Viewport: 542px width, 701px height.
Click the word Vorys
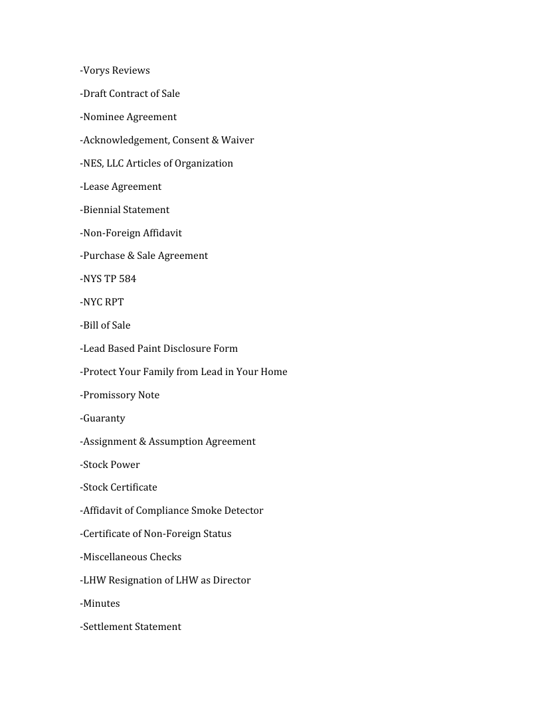[x=96, y=70]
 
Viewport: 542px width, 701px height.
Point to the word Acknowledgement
[x=124, y=140]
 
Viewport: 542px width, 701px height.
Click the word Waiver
[x=238, y=140]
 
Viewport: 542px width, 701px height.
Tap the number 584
[x=128, y=279]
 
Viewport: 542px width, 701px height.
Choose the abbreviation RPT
[x=114, y=302]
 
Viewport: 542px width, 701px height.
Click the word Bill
[x=90, y=325]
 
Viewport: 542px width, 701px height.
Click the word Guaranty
[x=104, y=418]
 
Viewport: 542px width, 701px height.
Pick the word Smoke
[x=206, y=510]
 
